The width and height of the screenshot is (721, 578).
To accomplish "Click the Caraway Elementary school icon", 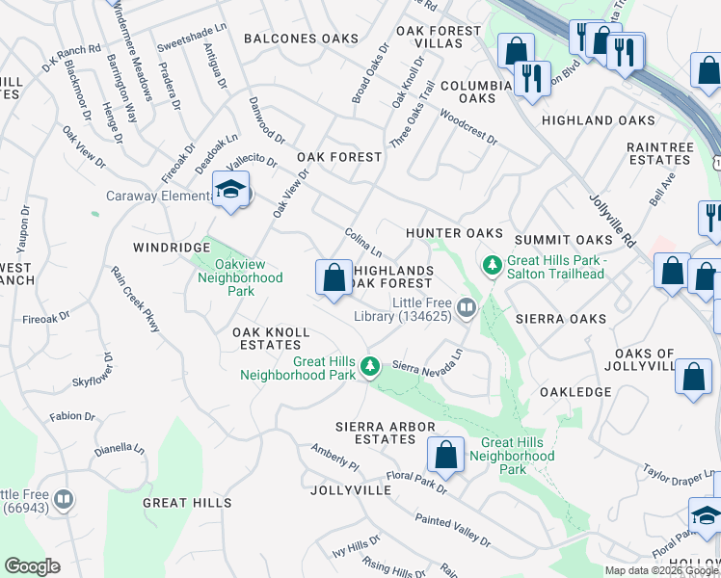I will pyautogui.click(x=230, y=190).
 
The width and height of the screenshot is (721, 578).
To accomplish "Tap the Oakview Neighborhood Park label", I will pyautogui.click(x=240, y=278).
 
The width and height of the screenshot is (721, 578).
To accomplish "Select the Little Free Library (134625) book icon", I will pyautogui.click(x=467, y=307).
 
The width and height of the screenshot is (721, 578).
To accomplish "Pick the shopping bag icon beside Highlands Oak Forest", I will pyautogui.click(x=334, y=278).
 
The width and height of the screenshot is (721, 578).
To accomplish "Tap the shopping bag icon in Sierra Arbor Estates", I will pyautogui.click(x=445, y=454).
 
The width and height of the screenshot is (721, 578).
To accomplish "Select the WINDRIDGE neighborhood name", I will pyautogui.click(x=172, y=248).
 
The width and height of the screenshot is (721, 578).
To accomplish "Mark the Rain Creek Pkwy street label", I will pyautogui.click(x=135, y=300).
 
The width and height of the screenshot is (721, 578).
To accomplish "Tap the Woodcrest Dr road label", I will pyautogui.click(x=467, y=126).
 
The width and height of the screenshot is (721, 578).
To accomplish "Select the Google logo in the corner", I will pyautogui.click(x=32, y=566).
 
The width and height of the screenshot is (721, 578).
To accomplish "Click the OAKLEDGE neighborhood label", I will pyautogui.click(x=575, y=392).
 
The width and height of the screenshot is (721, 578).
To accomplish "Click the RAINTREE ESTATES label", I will pyautogui.click(x=660, y=153).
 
